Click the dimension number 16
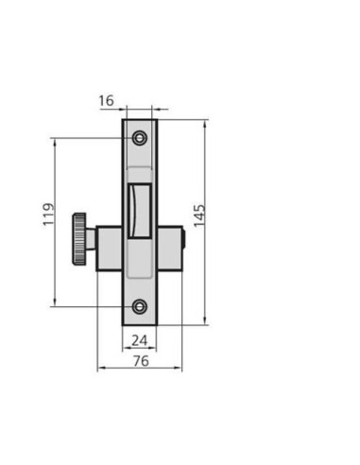[x=106, y=101]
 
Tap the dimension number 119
[x=48, y=215]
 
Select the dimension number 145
[x=199, y=215]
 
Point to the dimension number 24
[x=139, y=340]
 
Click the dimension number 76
[x=141, y=361]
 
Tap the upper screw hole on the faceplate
[x=140, y=138]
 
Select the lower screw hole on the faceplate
[x=140, y=306]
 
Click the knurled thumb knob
[x=79, y=239]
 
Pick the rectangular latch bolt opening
[x=140, y=211]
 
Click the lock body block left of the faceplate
[x=109, y=249]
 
